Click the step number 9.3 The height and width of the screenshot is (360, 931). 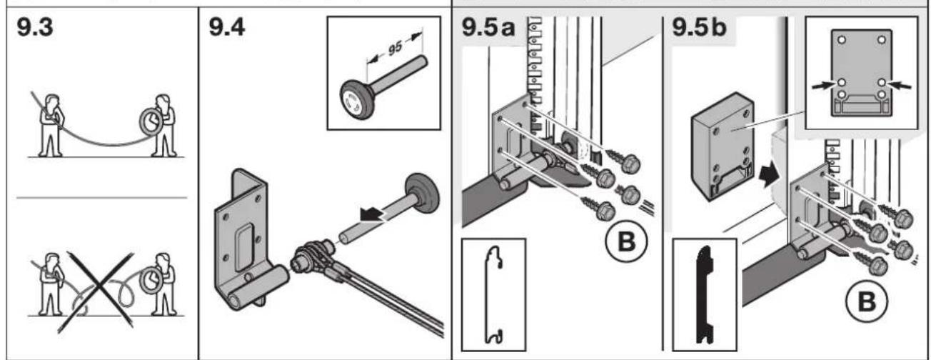[35, 28]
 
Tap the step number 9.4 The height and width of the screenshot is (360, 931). [227, 28]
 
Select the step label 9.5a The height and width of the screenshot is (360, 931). [488, 28]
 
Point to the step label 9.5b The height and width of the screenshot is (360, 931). [700, 28]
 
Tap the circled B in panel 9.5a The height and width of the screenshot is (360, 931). [626, 241]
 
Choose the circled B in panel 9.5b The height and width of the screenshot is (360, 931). [867, 301]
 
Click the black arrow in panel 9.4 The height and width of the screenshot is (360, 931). [372, 214]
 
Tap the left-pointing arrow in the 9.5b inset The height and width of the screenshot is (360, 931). [900, 86]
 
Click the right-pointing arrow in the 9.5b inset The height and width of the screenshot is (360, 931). [824, 86]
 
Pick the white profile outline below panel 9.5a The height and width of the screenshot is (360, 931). [494, 294]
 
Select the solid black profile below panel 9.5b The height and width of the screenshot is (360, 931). [705, 295]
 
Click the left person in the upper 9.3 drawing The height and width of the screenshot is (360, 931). [51, 126]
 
